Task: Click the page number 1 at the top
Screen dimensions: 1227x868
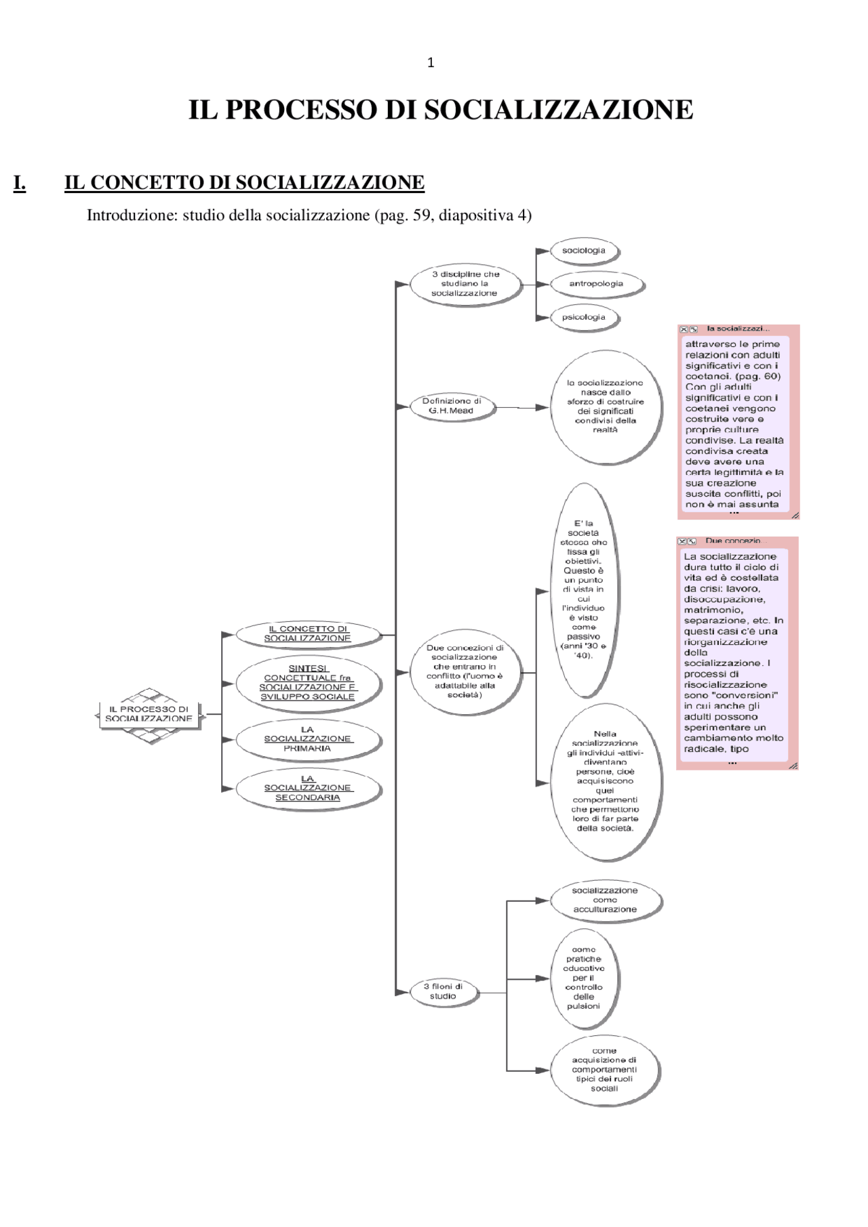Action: pyautogui.click(x=431, y=63)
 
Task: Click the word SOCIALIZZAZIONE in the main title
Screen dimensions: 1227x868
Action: pyautogui.click(x=558, y=110)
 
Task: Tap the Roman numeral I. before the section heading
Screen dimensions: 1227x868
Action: pyautogui.click(x=20, y=183)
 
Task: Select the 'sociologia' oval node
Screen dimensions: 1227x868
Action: pyautogui.click(x=583, y=251)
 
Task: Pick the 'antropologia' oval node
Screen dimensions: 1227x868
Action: pyautogui.click(x=595, y=284)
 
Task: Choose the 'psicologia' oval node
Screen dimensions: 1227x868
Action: pyautogui.click(x=583, y=317)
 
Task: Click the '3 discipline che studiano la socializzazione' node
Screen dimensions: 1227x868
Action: pyautogui.click(x=465, y=284)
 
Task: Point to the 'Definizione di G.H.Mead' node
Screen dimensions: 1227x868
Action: pyautogui.click(x=452, y=406)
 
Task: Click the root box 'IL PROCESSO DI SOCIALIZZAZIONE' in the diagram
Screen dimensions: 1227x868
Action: pyautogui.click(x=149, y=714)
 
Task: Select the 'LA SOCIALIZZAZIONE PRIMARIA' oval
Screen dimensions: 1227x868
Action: pyautogui.click(x=307, y=739)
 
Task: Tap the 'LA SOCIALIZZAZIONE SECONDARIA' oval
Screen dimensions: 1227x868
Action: pyautogui.click(x=307, y=789)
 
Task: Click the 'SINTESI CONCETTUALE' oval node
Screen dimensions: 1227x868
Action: pyautogui.click(x=307, y=682)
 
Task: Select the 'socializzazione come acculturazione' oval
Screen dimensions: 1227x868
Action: pyautogui.click(x=604, y=900)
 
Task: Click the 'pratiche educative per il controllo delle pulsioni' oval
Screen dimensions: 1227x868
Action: pyautogui.click(x=583, y=978)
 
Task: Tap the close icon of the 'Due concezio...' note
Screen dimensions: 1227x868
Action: pyautogui.click(x=682, y=541)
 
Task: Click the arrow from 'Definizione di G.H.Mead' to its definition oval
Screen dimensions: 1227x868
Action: pyautogui.click(x=523, y=408)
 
